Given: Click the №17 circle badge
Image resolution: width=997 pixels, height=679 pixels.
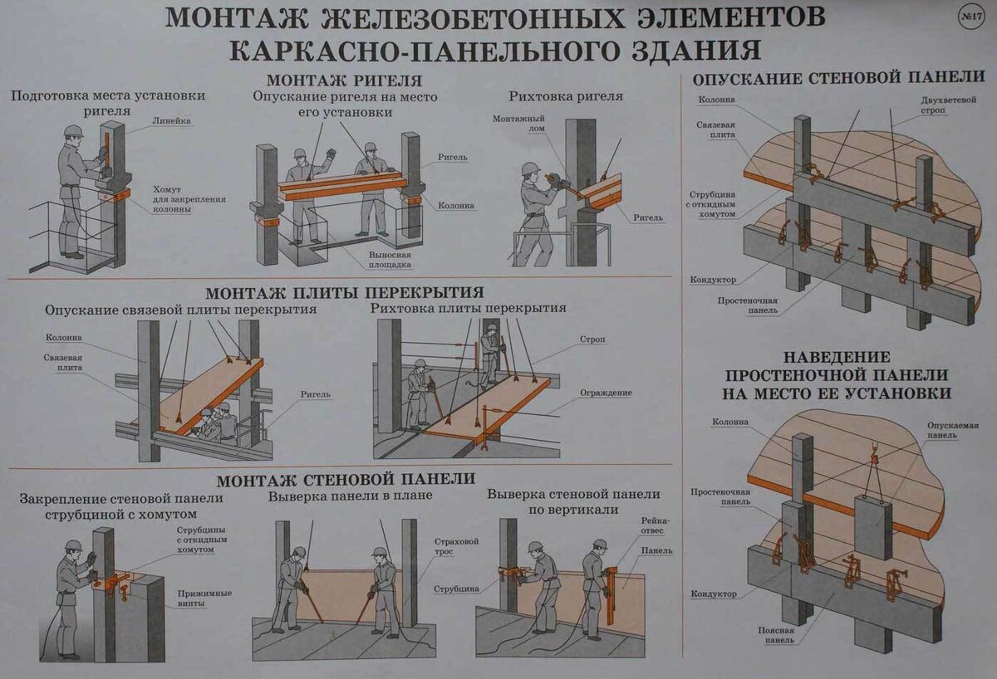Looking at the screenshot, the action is [970, 17].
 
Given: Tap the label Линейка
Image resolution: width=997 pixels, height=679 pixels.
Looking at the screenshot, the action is [171, 121].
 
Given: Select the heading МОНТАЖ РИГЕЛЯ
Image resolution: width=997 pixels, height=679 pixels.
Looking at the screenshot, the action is [344, 81].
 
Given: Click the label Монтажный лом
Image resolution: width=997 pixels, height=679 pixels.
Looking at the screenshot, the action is [518, 124].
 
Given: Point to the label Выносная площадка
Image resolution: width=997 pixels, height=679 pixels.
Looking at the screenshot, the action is [390, 260].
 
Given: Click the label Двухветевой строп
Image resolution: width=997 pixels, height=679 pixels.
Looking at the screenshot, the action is [948, 105].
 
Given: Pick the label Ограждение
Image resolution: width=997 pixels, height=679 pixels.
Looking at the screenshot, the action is [606, 393].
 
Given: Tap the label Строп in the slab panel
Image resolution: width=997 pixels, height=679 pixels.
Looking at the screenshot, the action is [592, 339].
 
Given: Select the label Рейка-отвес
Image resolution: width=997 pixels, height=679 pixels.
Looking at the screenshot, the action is [655, 525].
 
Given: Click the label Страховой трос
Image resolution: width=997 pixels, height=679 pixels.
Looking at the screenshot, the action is [456, 546].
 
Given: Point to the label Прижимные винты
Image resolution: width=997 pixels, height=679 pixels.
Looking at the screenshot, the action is [204, 598].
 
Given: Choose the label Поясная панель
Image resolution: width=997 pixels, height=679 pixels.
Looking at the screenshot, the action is [776, 635].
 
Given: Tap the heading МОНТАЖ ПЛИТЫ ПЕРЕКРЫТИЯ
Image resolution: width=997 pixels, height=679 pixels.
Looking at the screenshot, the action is [345, 292].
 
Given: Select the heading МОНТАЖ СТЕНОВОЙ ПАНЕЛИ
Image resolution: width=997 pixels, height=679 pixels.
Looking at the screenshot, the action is [346, 479].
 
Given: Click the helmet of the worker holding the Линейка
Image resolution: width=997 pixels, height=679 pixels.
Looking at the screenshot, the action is [73, 130].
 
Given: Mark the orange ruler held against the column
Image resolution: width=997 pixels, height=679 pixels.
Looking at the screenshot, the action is [107, 146].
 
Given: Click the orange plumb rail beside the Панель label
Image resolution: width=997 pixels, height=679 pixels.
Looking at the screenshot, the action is [610, 595].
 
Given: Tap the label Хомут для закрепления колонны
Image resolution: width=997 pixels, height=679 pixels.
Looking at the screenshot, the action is [189, 198].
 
